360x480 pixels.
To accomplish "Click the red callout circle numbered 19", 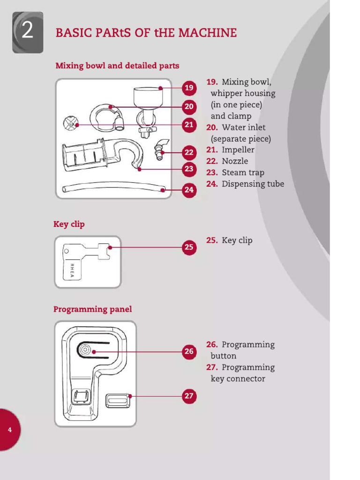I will tap(189, 88).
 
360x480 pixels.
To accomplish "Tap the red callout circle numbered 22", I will tap(189, 152).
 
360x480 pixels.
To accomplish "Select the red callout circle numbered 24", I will tap(189, 190).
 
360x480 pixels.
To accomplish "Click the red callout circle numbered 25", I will tap(189, 247).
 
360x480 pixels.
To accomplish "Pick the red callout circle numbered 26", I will tap(189, 351).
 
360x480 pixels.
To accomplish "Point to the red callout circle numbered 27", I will tap(189, 396).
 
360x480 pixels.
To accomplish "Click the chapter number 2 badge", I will tap(28, 32).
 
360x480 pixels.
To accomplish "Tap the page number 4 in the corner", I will tap(10, 429).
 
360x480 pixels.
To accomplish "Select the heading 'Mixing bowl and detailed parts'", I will tap(117, 66).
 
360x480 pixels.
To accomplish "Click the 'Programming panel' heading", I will tap(92, 309).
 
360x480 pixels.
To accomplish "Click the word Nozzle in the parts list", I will tap(235, 161).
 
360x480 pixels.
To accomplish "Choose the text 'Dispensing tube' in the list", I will tap(253, 184).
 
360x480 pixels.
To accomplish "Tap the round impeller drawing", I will tap(70, 124).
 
